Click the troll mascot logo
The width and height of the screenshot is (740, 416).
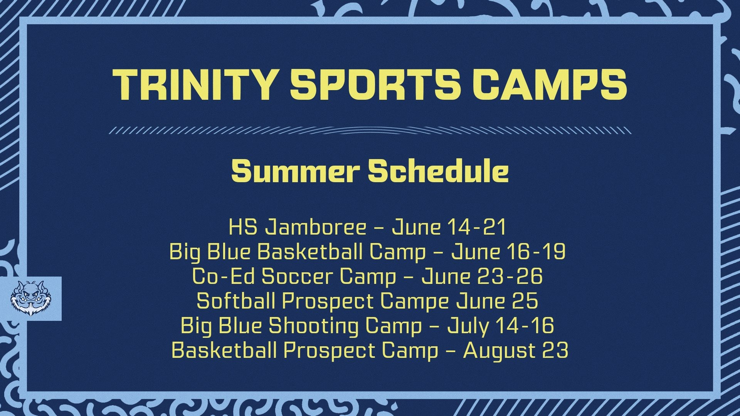point(30,299)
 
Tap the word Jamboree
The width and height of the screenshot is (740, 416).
point(315,227)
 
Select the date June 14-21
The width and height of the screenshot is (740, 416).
point(449,227)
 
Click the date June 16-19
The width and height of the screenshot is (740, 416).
point(508,252)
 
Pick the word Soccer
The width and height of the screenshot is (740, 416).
point(297,277)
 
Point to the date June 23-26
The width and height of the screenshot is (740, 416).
point(482,277)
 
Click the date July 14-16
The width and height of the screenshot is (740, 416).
point(500,326)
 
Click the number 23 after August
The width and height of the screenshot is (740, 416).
point(555,350)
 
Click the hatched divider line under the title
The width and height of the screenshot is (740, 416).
point(370,130)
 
